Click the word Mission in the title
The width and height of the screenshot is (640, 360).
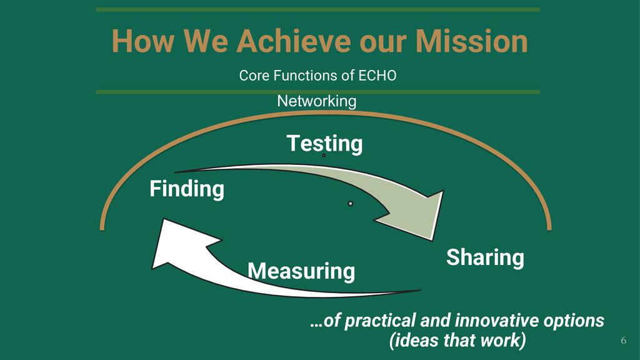[472, 41]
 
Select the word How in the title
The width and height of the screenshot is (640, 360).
[143, 41]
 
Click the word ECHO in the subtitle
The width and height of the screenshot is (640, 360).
[377, 76]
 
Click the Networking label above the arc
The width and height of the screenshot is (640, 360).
[317, 101]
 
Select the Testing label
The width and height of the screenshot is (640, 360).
[324, 144]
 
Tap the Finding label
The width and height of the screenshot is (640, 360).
[187, 189]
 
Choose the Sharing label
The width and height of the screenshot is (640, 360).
[485, 257]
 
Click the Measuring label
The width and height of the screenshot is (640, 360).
[301, 271]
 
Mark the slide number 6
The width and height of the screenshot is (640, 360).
[623, 341]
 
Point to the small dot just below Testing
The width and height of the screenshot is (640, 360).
[324, 156]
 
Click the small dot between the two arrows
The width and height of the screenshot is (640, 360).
[350, 203]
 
